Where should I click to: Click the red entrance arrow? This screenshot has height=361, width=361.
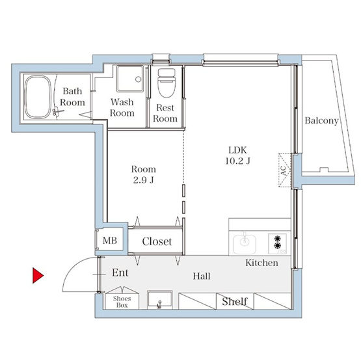point(38,275)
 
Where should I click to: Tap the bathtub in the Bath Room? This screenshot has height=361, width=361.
point(38,98)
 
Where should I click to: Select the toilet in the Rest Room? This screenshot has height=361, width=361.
point(167,83)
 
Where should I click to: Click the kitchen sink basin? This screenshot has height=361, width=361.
point(245,244)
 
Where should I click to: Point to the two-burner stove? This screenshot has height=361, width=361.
point(278,243)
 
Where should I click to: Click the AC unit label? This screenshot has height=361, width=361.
point(284,170)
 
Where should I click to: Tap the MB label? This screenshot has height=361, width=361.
point(110,241)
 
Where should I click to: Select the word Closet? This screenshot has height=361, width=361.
point(157,241)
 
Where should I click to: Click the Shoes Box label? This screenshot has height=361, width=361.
point(122,302)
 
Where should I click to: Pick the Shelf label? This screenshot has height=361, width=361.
point(235,301)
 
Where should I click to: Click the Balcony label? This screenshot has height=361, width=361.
point(321,120)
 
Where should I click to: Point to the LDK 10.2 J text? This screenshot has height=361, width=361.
point(237,155)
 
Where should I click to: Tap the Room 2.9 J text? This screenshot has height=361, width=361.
point(144,174)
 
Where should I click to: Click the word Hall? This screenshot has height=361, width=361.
point(202,276)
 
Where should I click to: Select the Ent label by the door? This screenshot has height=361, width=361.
point(120,273)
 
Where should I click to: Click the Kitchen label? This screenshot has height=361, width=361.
point(261,263)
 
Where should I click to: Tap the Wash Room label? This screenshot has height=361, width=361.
point(122,107)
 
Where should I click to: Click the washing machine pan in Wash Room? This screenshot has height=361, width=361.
point(130,79)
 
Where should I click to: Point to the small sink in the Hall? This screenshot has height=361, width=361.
point(160,300)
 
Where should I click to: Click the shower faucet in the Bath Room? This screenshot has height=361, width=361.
point(57,112)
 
